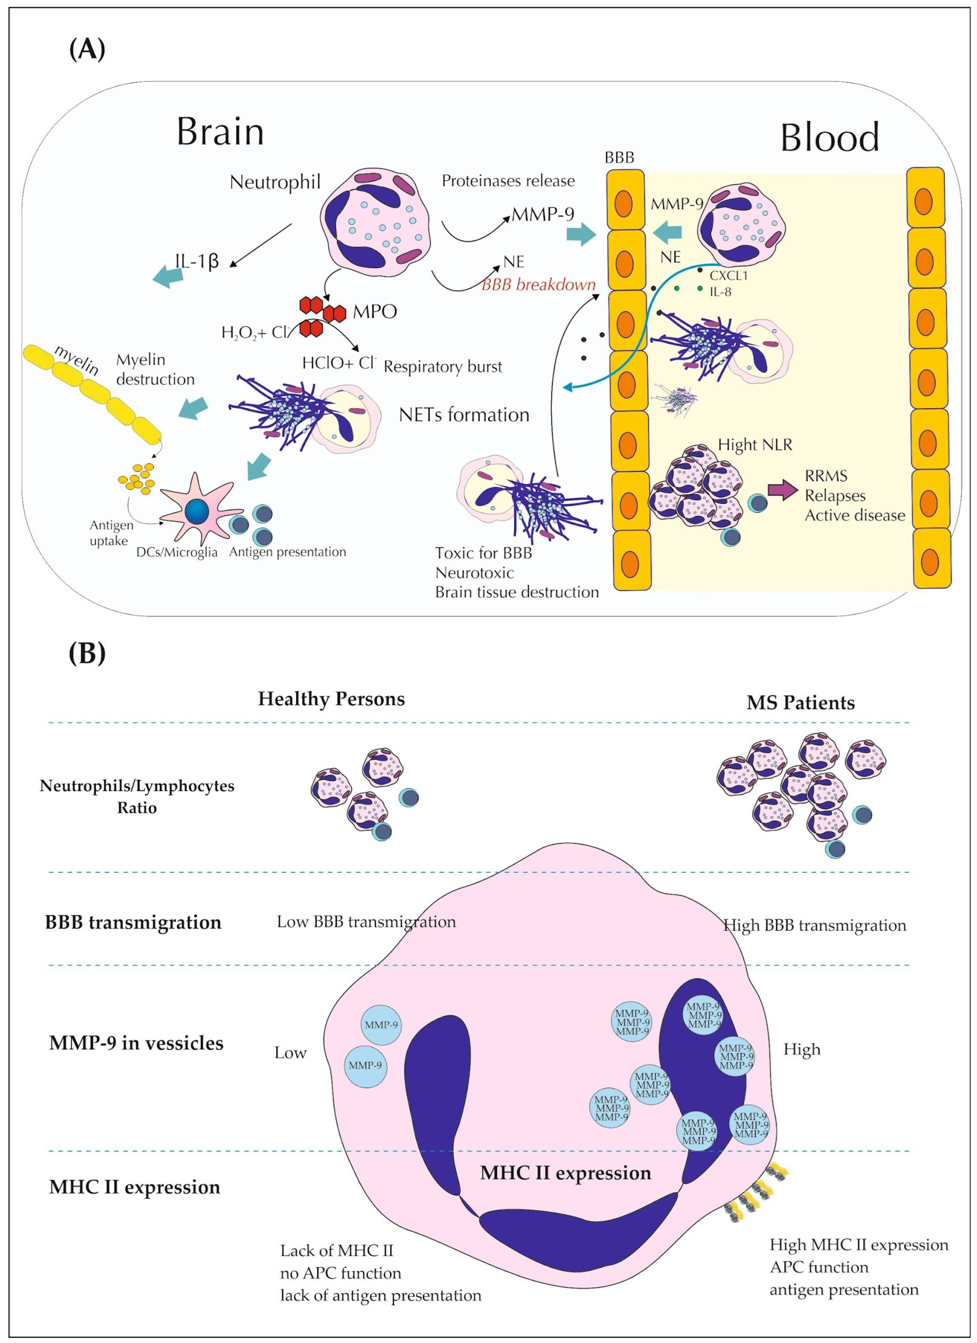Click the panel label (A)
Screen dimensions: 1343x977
click(87, 49)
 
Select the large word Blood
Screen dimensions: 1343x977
click(830, 138)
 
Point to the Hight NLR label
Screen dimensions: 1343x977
click(755, 445)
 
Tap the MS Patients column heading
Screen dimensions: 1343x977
click(801, 703)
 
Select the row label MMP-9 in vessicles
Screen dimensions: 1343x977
click(136, 1043)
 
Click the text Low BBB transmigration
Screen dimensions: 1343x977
click(366, 922)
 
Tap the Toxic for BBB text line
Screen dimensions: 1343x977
click(483, 553)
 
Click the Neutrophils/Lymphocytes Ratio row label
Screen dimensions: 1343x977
click(137, 796)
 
